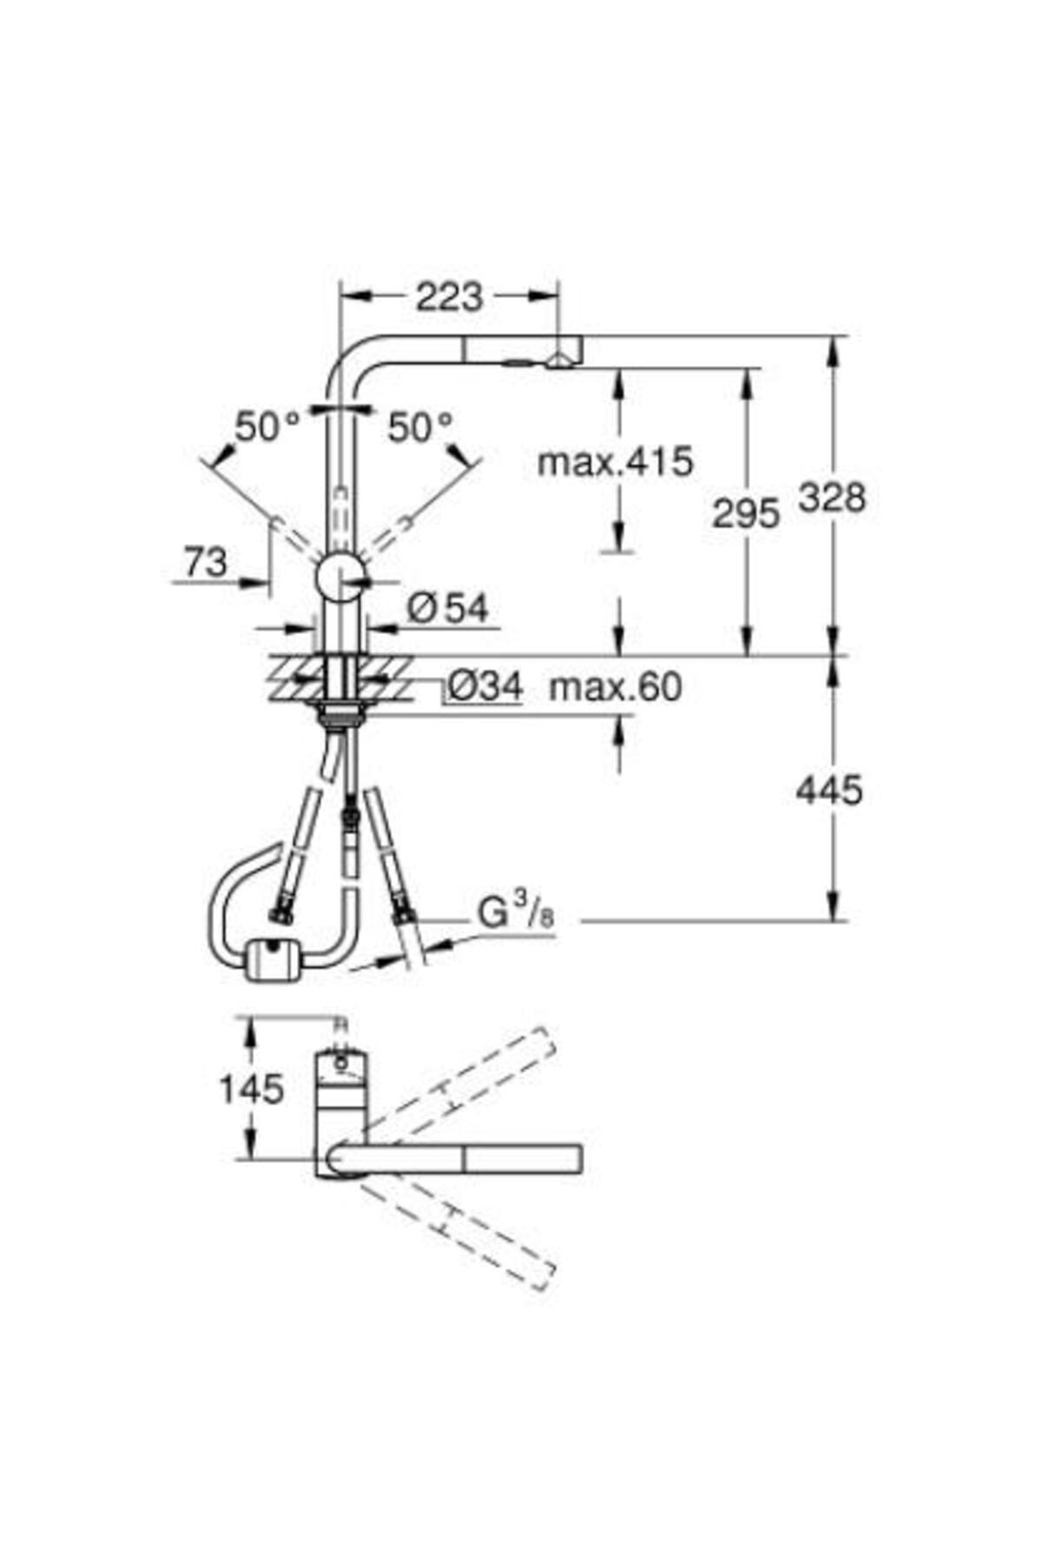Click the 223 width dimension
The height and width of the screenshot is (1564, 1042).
(449, 297)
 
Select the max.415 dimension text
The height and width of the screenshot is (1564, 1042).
(616, 461)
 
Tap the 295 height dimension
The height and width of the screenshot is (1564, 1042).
(746, 514)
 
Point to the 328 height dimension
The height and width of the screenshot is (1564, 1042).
(832, 498)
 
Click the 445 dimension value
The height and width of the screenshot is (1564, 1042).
(829, 790)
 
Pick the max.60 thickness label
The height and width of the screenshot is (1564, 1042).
(616, 687)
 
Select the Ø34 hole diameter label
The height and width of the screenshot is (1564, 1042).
(485, 687)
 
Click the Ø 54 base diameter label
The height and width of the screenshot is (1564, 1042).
(447, 608)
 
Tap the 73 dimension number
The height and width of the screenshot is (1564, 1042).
(205, 561)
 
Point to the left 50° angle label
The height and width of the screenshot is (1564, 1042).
(268, 427)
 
